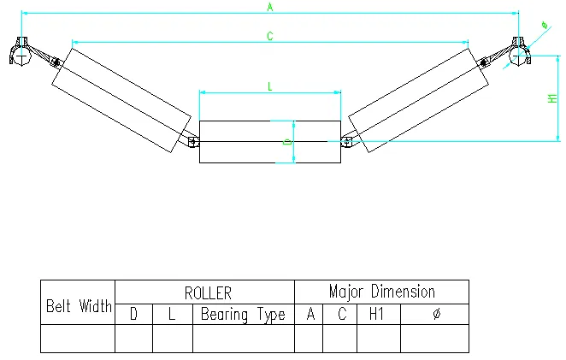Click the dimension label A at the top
[269, 8]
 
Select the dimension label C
[269, 36]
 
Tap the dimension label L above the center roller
[269, 86]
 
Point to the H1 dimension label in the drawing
[551, 99]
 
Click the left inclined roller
[121, 100]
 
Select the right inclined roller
[418, 100]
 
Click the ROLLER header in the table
[208, 292]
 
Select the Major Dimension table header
[381, 292]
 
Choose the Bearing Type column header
[243, 315]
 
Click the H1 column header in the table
[376, 315]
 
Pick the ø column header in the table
[436, 315]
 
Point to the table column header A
[310, 315]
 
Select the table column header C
[341, 315]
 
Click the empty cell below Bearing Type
[243, 338]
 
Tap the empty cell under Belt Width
[78, 338]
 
